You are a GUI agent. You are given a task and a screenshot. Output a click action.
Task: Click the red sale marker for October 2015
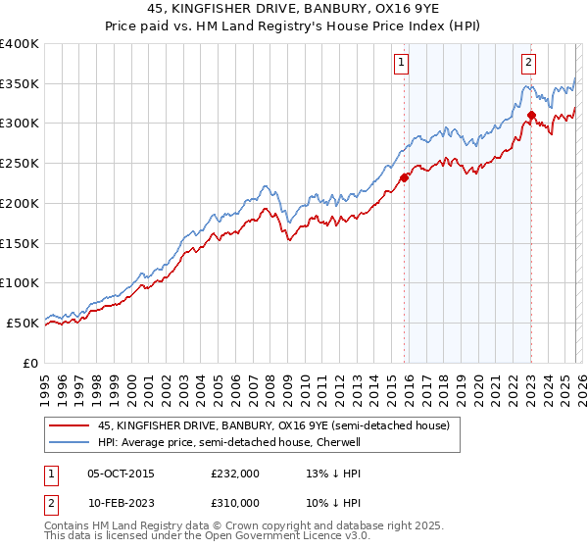click(404, 177)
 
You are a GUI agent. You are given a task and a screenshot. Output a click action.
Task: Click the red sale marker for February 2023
click(531, 115)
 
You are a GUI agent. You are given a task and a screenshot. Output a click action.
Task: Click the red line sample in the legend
click(69, 426)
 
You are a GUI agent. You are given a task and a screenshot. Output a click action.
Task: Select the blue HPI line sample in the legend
click(69, 442)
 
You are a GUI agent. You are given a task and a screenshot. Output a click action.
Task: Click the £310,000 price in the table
click(235, 502)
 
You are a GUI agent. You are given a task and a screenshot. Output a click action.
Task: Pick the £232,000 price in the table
click(235, 473)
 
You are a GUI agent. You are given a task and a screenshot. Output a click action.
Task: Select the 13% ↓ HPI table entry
click(334, 473)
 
